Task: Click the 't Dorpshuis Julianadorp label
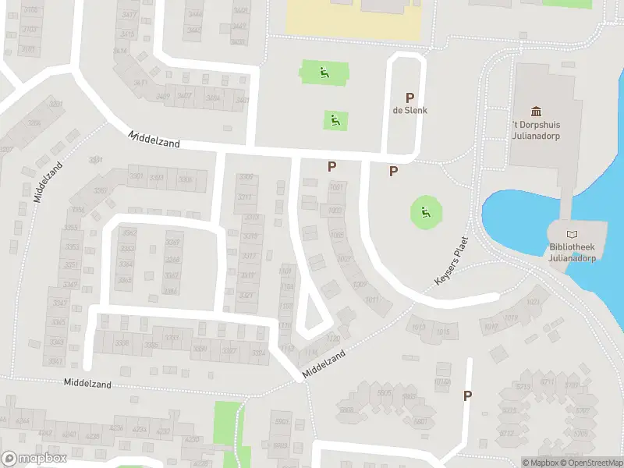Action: click(537, 129)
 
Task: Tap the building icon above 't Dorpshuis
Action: click(537, 112)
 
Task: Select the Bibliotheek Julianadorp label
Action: click(573, 253)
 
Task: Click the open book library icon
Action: click(573, 234)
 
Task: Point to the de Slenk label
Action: click(409, 110)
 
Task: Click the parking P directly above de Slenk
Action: click(409, 97)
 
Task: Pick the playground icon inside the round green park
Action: click(425, 211)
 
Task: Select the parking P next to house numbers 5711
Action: click(467, 395)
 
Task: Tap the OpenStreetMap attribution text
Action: click(590, 463)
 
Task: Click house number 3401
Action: click(243, 100)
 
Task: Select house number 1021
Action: click(534, 303)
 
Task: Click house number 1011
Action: click(371, 300)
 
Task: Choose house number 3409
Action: click(162, 97)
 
